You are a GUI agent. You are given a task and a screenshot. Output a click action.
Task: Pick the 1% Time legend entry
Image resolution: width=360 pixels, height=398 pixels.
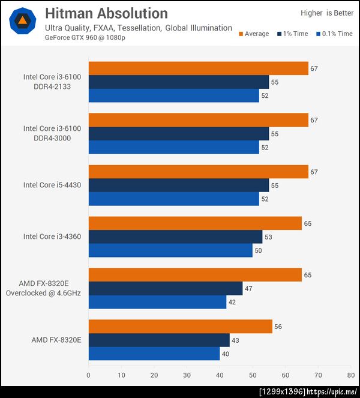pyautogui.click(x=292, y=34)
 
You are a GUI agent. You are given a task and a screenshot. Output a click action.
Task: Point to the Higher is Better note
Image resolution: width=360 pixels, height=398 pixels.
pyautogui.click(x=327, y=13)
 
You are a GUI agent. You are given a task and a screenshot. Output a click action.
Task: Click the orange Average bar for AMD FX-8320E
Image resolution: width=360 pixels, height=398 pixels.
pyautogui.click(x=181, y=327)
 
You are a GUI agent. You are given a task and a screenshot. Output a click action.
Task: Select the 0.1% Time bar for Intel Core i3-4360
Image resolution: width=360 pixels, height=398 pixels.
pyautogui.click(x=170, y=250)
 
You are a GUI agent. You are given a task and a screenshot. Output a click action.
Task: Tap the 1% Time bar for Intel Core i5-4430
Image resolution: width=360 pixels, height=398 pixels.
pyautogui.click(x=179, y=185)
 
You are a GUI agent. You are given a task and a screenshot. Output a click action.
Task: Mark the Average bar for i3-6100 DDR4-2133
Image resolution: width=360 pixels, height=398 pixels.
pyautogui.click(x=198, y=68)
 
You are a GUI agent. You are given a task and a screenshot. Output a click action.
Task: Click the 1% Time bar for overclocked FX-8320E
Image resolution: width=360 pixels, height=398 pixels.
pyautogui.click(x=165, y=288)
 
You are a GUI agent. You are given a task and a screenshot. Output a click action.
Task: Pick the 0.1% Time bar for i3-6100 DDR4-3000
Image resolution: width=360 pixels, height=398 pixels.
pyautogui.click(x=173, y=147)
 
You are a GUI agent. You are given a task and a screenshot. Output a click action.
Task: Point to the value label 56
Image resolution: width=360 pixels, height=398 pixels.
pyautogui.click(x=278, y=327)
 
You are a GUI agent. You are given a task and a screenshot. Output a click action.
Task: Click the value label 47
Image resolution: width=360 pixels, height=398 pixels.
pyautogui.click(x=248, y=289)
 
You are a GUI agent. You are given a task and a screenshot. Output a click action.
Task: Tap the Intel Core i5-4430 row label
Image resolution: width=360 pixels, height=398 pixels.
pyautogui.click(x=52, y=185)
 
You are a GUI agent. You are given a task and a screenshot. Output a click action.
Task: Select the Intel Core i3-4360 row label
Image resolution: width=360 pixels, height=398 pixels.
pyautogui.click(x=52, y=237)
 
